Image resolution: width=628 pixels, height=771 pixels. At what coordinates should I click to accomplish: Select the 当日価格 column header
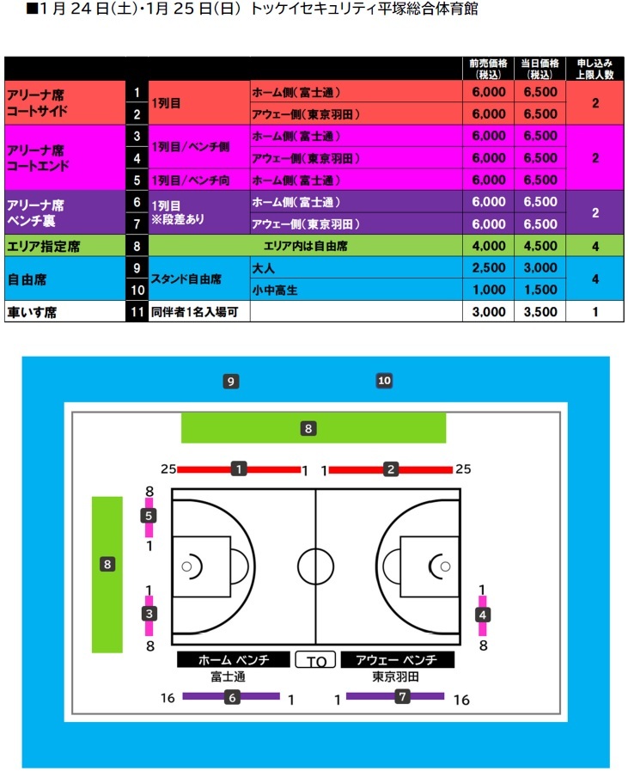pos(540,69)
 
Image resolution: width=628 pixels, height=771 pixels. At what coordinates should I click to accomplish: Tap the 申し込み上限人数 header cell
pos(595,69)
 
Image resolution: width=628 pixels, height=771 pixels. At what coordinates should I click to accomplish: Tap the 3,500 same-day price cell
pos(540,311)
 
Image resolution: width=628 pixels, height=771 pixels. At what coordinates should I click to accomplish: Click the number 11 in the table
pos(137,311)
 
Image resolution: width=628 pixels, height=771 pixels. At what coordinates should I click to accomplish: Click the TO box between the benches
pos(315,660)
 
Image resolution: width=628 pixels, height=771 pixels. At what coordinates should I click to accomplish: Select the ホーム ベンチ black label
pos(234,659)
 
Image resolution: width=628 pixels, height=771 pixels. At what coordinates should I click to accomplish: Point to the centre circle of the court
pos(315,565)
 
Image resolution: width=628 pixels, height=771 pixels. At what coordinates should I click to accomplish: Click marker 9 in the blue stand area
pos(230,380)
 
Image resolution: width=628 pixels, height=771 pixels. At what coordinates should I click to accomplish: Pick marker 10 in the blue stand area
pos(384,380)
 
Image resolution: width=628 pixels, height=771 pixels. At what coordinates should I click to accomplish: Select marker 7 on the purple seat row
pos(403,697)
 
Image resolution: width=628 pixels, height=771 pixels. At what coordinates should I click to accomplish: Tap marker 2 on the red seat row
pos(391,468)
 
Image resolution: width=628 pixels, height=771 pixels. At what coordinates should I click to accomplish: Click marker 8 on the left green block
pos(107,564)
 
